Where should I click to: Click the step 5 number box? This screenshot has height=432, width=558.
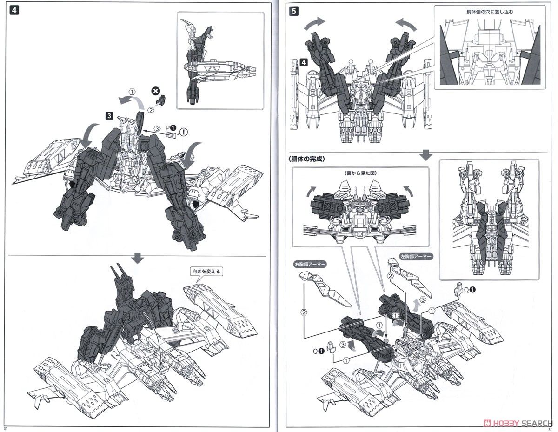tap(293, 12)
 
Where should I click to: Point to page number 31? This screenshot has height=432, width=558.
tap(6, 428)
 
